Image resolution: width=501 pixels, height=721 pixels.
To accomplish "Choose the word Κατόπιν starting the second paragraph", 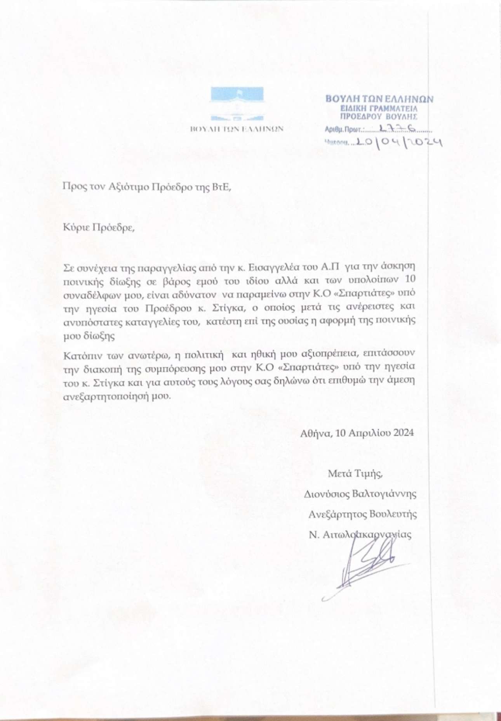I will pos(79,354).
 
